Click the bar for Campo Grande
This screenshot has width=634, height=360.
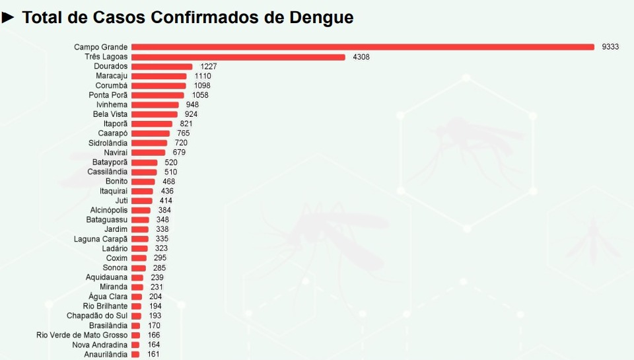point(363,47)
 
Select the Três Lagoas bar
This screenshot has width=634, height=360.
point(238,57)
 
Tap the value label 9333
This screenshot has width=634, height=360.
point(610,47)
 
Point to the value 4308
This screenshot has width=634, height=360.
point(361,57)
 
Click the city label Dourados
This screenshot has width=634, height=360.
point(111,67)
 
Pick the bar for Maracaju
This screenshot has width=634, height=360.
point(158,76)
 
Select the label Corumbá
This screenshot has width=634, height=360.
point(112,86)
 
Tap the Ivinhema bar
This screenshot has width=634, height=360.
point(155,105)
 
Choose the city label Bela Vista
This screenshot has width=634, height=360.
point(110,114)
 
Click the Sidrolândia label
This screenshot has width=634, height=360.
point(108,143)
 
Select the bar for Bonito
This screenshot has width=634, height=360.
point(143,182)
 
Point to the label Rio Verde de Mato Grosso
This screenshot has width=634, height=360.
point(82,335)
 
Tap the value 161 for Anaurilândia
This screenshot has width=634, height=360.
point(153,354)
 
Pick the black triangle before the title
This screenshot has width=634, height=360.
point(8,17)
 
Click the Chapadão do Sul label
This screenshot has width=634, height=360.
point(97,316)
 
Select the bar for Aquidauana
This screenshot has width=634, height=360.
point(137,277)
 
